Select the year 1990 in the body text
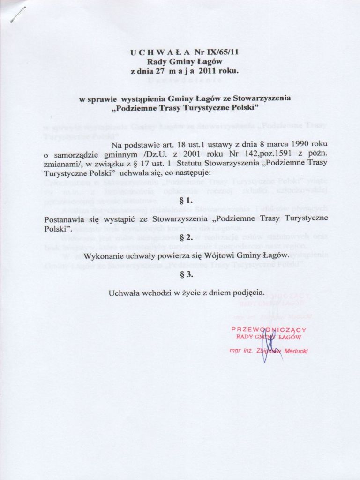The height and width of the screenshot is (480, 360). (289, 143)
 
